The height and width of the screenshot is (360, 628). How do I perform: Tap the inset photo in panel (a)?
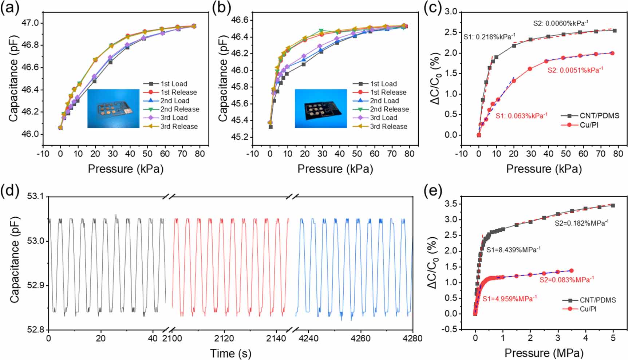tap(113, 108)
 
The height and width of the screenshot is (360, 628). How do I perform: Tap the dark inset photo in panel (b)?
tap(321, 108)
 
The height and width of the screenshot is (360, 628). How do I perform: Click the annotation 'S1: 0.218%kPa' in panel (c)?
tap(489, 37)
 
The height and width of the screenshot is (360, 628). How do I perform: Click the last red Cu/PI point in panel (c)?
tap(612, 53)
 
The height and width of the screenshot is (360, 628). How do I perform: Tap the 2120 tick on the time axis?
tap(224, 338)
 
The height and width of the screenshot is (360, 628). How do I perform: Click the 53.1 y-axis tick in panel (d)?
tap(35, 197)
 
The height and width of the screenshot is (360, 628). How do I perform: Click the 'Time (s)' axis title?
tap(230, 353)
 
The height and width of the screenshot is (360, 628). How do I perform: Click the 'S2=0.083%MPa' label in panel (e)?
tap(566, 280)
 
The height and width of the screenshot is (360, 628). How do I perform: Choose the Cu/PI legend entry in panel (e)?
tap(588, 309)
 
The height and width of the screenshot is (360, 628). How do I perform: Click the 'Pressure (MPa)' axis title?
tap(544, 353)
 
